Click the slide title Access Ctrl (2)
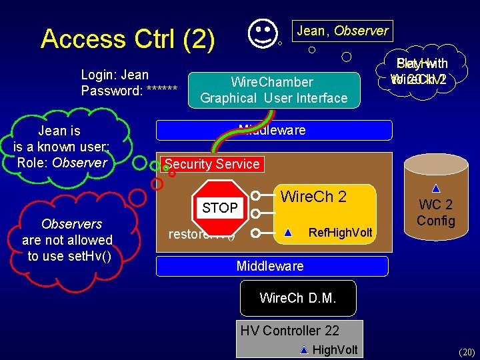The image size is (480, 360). [127, 39]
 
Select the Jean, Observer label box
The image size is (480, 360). [342, 31]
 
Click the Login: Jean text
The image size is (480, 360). [115, 75]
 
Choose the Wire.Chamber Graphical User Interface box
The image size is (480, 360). [273, 90]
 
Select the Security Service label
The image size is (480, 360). [212, 164]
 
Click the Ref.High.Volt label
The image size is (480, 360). [340, 233]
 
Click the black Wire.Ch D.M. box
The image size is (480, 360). [298, 298]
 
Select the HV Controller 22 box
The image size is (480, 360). [299, 339]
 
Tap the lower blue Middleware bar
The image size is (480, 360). [271, 266]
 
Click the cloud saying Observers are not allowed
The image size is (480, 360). [67, 241]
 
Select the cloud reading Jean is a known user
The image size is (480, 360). [61, 147]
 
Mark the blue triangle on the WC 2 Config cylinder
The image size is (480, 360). [435, 189]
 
